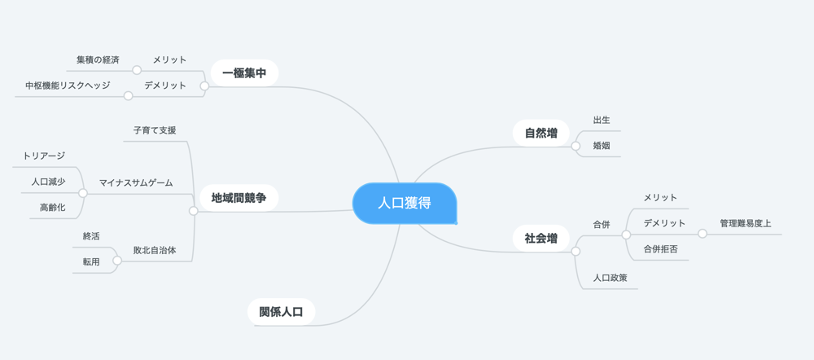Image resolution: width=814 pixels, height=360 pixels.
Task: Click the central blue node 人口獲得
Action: click(x=405, y=203)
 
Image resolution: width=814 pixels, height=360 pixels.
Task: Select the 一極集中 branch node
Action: click(x=244, y=72)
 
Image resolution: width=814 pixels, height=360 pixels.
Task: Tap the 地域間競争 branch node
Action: click(x=239, y=198)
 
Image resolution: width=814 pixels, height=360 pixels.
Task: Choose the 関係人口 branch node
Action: click(x=282, y=312)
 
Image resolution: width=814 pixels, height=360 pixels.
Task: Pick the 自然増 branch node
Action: click(x=541, y=133)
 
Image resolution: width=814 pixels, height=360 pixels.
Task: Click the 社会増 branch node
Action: click(x=541, y=239)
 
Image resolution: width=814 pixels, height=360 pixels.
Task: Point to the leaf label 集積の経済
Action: click(x=94, y=59)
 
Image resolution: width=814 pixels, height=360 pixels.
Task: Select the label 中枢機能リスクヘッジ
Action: click(x=68, y=86)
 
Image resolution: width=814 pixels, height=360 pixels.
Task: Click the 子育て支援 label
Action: click(x=155, y=130)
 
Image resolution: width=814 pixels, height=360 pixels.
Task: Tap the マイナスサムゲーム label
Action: click(x=136, y=183)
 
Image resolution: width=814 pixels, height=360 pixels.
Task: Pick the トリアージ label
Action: click(x=44, y=156)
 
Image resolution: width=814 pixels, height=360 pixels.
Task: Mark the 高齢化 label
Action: click(x=52, y=207)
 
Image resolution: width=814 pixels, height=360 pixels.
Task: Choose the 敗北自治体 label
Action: click(x=155, y=250)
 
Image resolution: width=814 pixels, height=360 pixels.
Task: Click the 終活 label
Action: click(x=91, y=236)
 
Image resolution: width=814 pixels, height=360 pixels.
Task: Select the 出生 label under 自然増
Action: click(x=602, y=120)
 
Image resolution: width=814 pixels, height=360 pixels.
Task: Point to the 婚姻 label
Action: click(x=602, y=146)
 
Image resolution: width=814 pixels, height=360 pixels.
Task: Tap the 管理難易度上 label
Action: click(x=746, y=223)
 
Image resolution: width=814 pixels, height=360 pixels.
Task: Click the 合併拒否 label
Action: click(x=661, y=249)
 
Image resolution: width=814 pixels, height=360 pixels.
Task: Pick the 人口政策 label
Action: click(x=610, y=278)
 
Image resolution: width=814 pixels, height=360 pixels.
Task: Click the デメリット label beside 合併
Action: click(x=664, y=223)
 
